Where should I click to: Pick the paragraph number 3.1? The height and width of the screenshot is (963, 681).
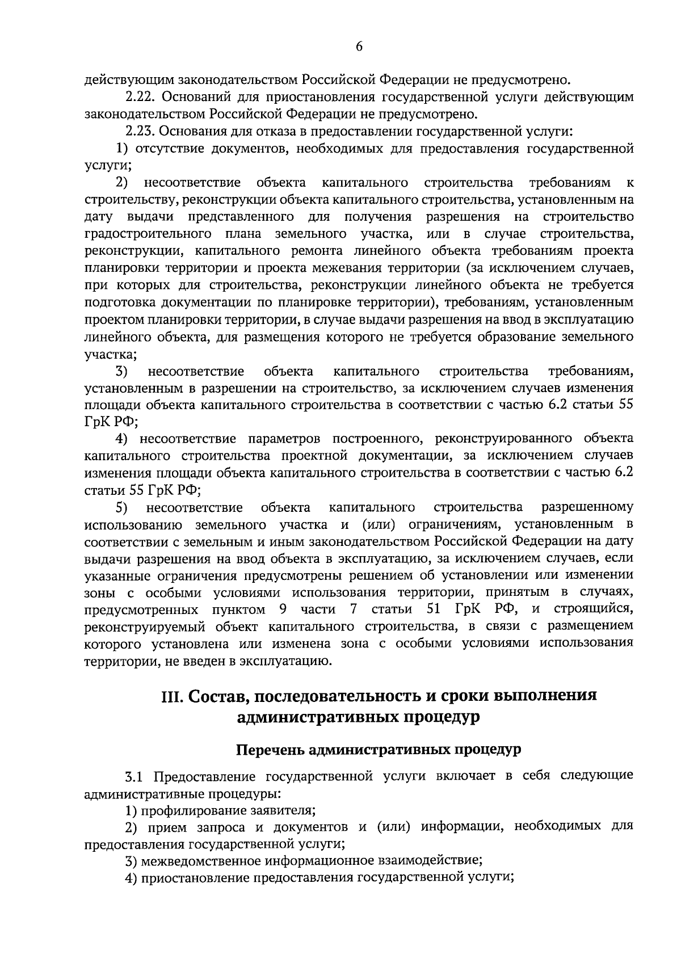(136, 776)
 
